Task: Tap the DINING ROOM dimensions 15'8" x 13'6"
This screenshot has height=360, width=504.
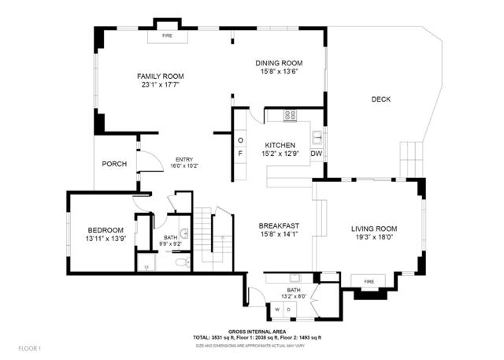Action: coord(280,72)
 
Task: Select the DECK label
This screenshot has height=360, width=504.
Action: coord(381,99)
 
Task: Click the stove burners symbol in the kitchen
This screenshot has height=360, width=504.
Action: coord(290,115)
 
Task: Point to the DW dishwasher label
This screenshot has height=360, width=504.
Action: coord(316,154)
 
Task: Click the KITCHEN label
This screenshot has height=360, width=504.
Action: coord(280,145)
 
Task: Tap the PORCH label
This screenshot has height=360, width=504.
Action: coord(114,164)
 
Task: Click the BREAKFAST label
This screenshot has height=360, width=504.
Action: coord(280,227)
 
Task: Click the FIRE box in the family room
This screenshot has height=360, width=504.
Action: coord(167,36)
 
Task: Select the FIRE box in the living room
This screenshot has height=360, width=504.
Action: coord(367,281)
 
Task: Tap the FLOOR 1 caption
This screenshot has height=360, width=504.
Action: coord(29,347)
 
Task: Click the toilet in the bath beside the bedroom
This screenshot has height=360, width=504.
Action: coord(179,261)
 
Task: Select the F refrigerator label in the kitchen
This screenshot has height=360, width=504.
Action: coord(241,154)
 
